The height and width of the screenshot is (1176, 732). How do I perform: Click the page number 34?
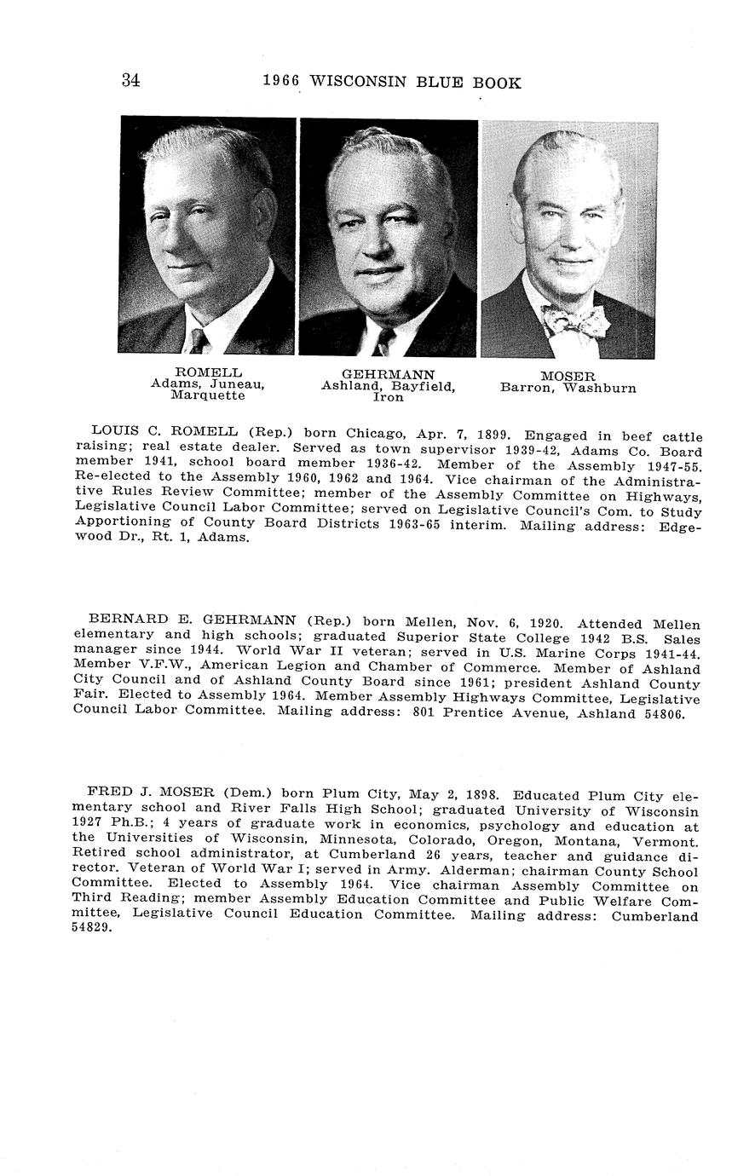pyautogui.click(x=130, y=81)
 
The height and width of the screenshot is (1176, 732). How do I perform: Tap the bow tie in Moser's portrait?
pyautogui.click(x=576, y=322)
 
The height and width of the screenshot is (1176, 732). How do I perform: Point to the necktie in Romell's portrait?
pyautogui.click(x=199, y=341)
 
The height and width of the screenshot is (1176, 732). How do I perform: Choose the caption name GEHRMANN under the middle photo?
pyautogui.click(x=388, y=374)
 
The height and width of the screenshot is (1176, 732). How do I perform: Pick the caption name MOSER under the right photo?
pyautogui.click(x=568, y=376)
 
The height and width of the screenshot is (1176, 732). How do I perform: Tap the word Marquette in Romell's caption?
pyautogui.click(x=208, y=395)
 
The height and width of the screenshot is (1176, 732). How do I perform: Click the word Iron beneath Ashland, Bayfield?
pyautogui.click(x=388, y=397)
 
